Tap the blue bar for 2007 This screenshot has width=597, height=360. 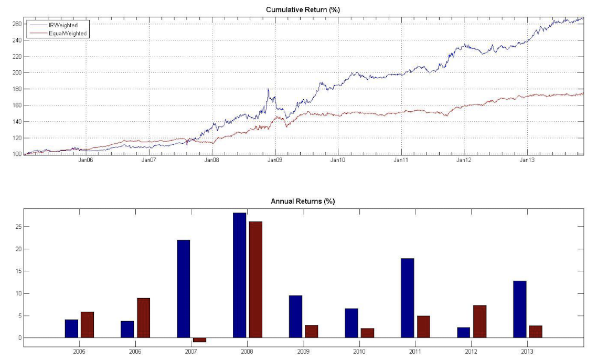184,289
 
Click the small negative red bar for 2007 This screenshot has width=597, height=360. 199,340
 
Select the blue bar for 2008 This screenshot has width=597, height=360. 239,275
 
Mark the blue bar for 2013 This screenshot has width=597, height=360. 520,309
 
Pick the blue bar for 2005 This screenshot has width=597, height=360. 71,329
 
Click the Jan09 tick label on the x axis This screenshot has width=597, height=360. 274,160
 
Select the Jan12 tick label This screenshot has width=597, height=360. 464,160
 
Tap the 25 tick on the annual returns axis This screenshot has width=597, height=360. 19,227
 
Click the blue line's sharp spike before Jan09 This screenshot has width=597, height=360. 268,90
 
